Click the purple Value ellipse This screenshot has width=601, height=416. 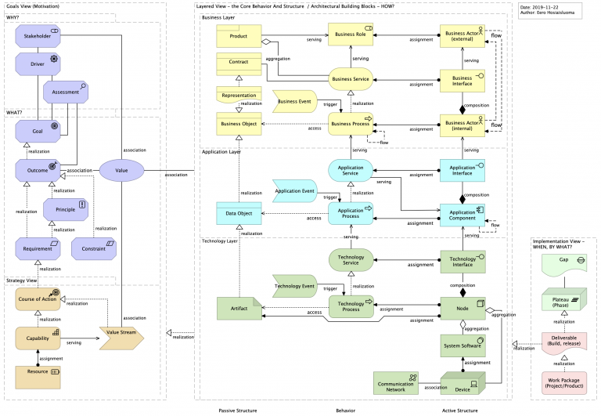pos(121,169)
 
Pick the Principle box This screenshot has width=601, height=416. pos(66,209)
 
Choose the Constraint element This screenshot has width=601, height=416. pos(93,249)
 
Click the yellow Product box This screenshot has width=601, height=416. pos(239,36)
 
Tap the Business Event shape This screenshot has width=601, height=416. pos(294,101)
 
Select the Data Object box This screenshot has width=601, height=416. pos(239,212)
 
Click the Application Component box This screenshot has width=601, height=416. pos(462,215)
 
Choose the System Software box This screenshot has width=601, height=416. pos(462,345)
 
